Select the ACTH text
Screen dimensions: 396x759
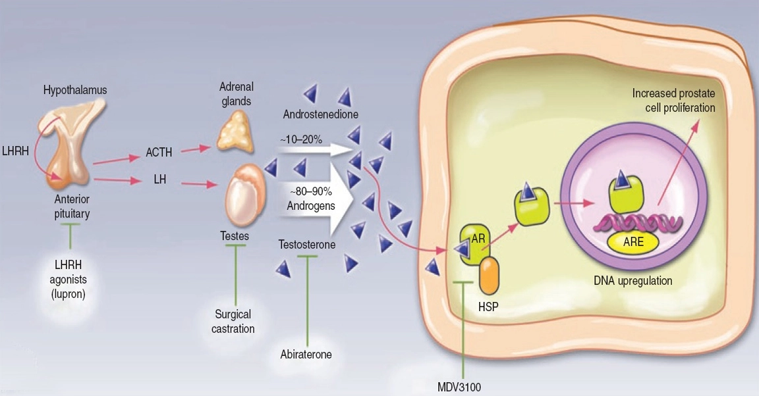click(159, 153)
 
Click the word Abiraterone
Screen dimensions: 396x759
click(305, 354)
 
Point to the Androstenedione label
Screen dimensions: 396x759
click(320, 114)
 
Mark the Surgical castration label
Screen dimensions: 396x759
click(234, 322)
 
